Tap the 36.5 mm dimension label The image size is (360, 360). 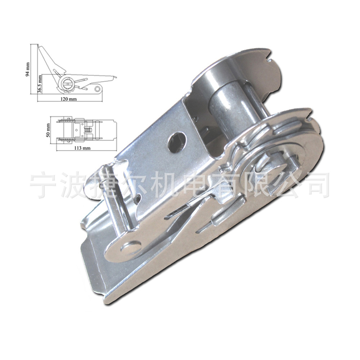40,85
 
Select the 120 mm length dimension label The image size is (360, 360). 69,99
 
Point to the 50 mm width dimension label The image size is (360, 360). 48,130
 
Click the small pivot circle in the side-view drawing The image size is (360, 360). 97,89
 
